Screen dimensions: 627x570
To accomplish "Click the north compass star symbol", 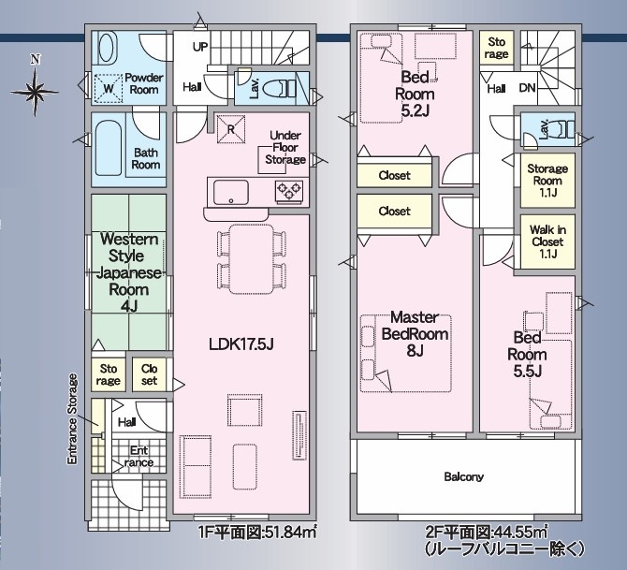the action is (x=35, y=92).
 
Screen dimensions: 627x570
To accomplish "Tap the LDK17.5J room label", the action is (x=241, y=344).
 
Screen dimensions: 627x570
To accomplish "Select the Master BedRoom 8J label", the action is (x=415, y=333).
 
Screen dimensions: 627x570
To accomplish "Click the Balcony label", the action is (x=464, y=476).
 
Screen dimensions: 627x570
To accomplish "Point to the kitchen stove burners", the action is (x=289, y=190).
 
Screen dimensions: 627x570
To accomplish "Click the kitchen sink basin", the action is (x=231, y=193).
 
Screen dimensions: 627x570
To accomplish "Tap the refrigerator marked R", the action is (x=231, y=129).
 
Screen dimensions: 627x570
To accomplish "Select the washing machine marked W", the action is (x=109, y=88).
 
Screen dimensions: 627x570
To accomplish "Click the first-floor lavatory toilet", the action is (x=282, y=88).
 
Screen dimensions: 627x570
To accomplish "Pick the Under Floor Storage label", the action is (x=285, y=147).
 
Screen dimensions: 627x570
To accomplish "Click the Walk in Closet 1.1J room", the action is (x=547, y=241).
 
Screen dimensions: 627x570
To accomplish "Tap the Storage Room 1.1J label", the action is (x=547, y=181).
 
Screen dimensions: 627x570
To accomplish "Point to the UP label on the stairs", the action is (x=200, y=47).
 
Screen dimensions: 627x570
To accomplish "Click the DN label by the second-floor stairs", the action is (x=527, y=88).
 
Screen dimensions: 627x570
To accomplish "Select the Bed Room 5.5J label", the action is (x=527, y=355).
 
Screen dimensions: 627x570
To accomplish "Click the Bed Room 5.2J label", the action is (x=415, y=94).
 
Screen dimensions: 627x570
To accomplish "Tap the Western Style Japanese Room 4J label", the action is (x=129, y=272).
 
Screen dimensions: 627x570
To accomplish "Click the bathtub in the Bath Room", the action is (x=108, y=149).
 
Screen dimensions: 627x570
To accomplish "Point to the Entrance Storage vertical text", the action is (x=72, y=418).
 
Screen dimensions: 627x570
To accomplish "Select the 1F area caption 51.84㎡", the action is (x=257, y=533).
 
